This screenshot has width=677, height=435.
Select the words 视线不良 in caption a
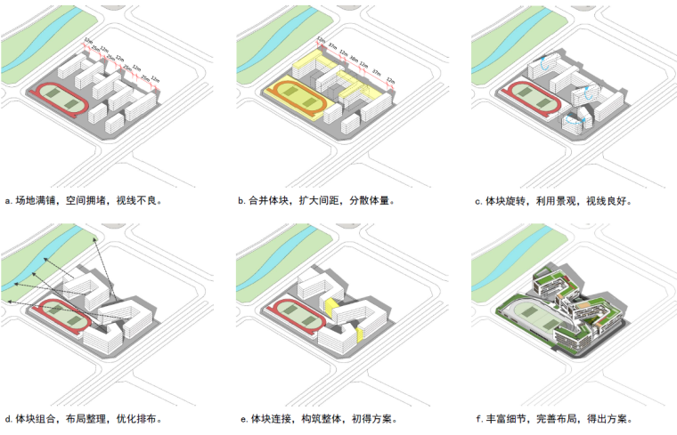coord(138,201)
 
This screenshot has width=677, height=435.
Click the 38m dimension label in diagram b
coord(355,61)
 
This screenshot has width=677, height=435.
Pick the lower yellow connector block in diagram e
coord(358,335)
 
